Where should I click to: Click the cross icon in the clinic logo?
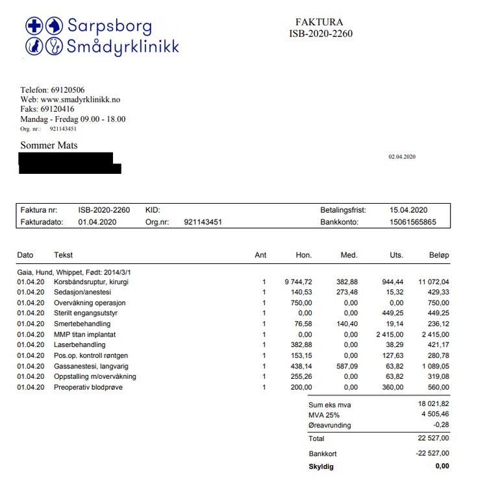coord(34,26)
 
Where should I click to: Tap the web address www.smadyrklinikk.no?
coord(81,100)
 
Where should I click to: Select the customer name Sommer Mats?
coord(49,145)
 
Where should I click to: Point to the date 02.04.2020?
coord(402,157)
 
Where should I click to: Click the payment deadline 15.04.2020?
coord(408,210)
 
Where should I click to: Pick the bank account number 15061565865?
coord(412,222)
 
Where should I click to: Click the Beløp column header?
coord(438,255)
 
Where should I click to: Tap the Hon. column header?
coord(304,255)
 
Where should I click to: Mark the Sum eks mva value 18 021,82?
coord(432,404)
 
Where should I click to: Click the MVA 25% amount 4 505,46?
coord(434,415)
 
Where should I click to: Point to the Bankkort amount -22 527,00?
coord(432,453)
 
